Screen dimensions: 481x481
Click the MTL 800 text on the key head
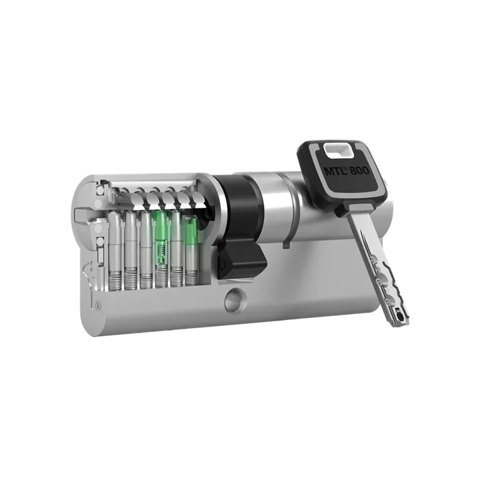coord(347,170)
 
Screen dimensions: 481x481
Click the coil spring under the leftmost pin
coord(115,279)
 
